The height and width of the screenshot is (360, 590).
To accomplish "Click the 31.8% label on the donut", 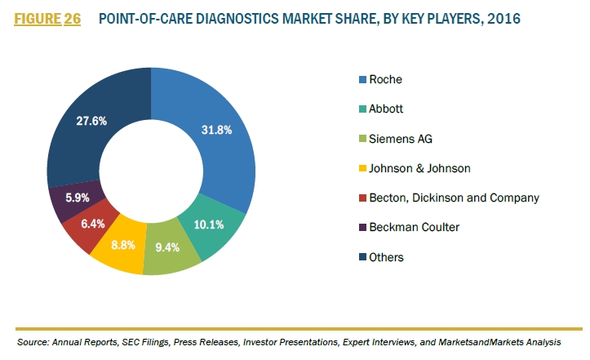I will (x=216, y=130).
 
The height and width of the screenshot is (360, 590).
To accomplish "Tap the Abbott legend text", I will (x=386, y=109).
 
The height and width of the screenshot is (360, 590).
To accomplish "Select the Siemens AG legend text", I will (x=401, y=139).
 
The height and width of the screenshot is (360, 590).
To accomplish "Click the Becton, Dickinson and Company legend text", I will (x=454, y=198).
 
